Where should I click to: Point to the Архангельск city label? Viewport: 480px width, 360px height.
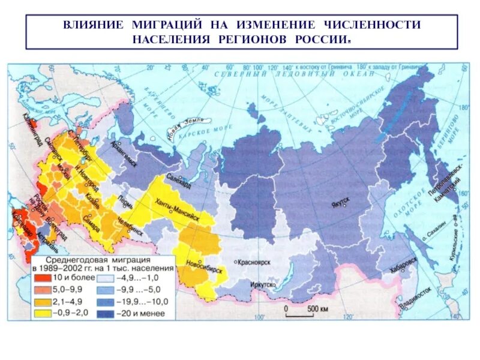(x=124, y=156)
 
